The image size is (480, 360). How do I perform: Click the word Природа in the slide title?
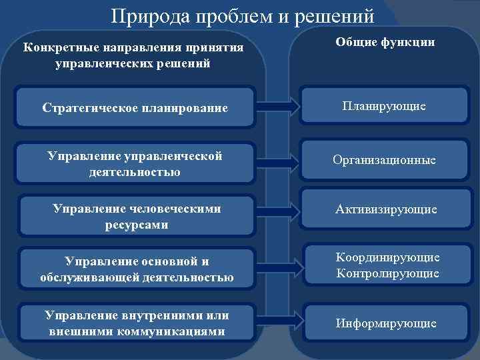[147, 16]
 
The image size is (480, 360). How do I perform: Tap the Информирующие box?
[386, 324]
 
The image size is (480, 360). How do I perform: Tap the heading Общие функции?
[385, 42]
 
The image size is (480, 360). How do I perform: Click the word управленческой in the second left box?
[173, 157]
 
